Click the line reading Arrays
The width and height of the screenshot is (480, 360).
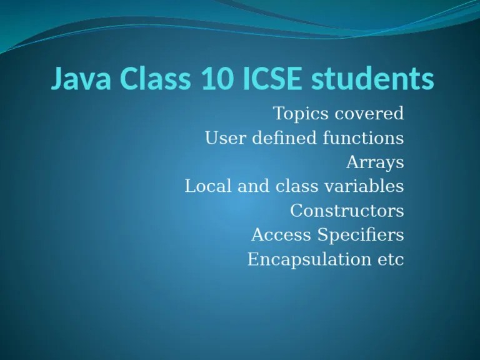point(375,162)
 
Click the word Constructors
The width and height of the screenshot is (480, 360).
point(347,211)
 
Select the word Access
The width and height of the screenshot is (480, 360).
point(281,235)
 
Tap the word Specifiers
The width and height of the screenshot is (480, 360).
point(360,235)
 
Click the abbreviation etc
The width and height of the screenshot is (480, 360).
point(391,259)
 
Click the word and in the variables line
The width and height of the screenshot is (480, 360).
point(256,186)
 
